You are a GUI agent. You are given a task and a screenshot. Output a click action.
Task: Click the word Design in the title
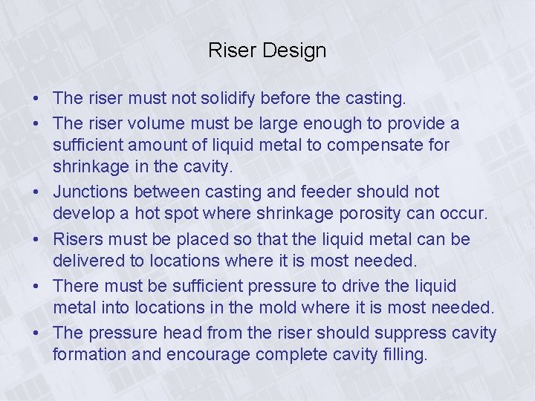295,51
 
